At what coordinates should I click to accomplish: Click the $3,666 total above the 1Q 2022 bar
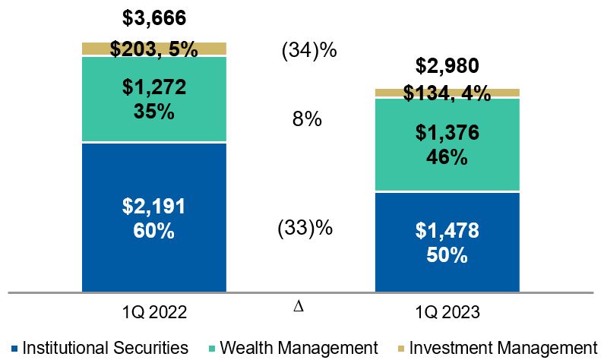[154, 18]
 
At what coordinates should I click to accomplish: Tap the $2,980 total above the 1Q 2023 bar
[448, 65]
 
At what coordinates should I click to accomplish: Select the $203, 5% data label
[154, 50]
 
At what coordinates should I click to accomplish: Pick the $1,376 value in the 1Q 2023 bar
[448, 134]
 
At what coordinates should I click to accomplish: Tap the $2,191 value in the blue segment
[154, 206]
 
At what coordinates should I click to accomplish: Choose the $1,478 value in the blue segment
[448, 231]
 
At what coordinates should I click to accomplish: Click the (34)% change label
[308, 52]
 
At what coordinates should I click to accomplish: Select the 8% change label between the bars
[308, 120]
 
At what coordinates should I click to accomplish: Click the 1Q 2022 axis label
[154, 311]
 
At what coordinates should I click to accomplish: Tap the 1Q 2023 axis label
[448, 311]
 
